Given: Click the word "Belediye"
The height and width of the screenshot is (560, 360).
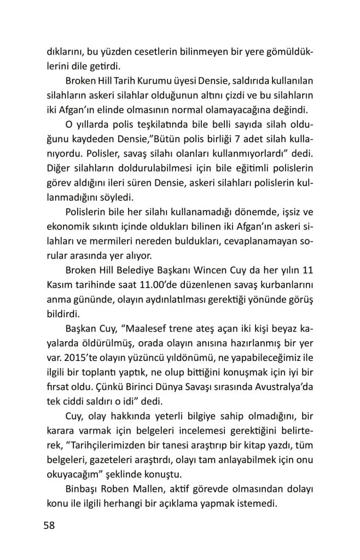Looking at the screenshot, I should click(x=149, y=272).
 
